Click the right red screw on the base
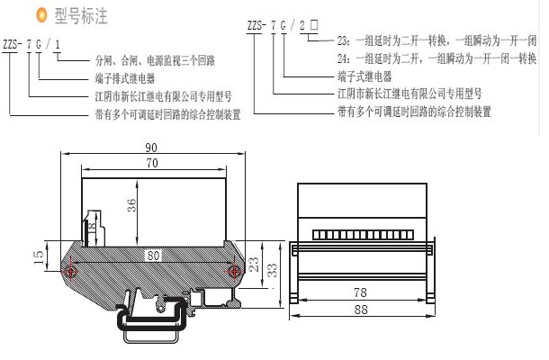pyautogui.click(x=235, y=270)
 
